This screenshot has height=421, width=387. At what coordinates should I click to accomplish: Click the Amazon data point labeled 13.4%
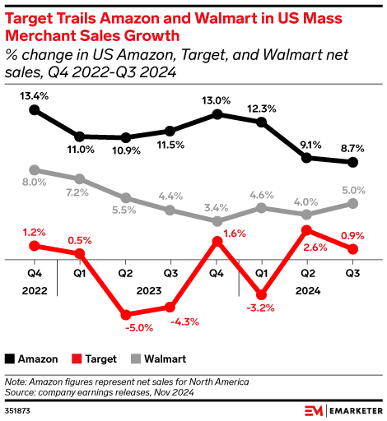point(34,109)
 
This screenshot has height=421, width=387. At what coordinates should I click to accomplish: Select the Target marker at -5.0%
point(125,315)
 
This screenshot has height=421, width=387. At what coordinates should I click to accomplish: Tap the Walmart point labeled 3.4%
point(217,221)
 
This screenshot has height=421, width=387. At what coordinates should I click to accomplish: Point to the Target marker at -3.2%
point(262,294)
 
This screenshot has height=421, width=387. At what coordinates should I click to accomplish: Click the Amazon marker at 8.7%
point(353,161)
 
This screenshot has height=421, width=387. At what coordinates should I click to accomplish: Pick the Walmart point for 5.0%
point(353,203)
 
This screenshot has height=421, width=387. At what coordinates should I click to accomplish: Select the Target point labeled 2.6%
point(307,230)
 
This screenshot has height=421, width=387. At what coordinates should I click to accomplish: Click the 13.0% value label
point(217,100)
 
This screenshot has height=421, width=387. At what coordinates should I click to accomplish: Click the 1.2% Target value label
point(34,231)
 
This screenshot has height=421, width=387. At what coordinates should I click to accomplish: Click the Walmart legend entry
point(158,359)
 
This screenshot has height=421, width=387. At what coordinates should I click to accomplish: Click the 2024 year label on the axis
point(307,289)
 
